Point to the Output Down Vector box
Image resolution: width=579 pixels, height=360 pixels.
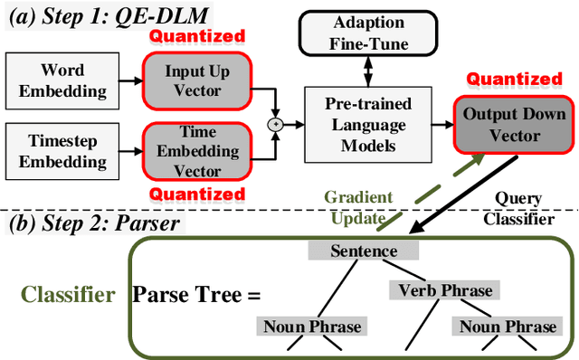pos(515,126)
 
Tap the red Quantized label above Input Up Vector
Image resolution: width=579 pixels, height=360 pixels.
pos(197,36)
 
